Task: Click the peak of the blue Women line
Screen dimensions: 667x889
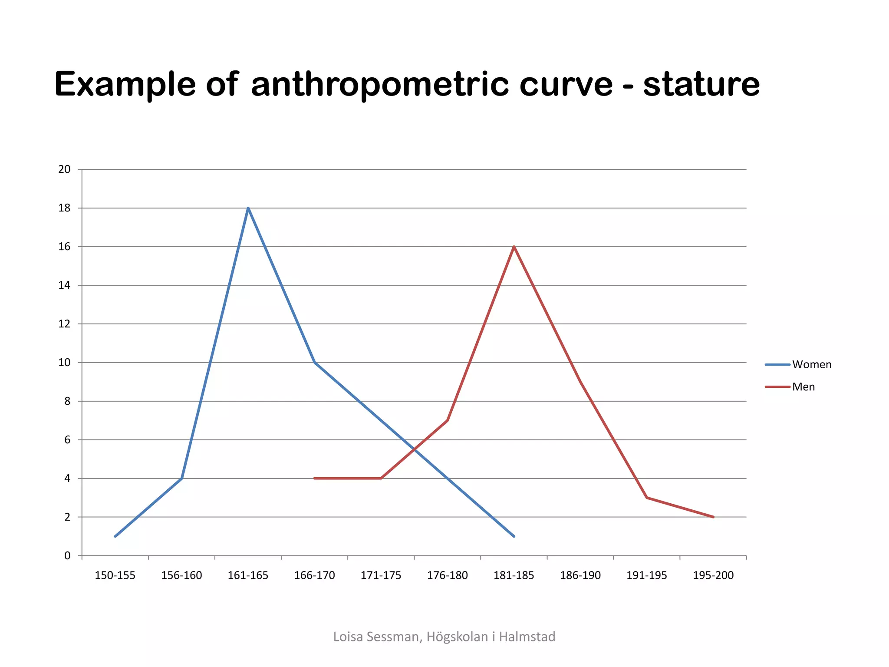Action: click(x=248, y=208)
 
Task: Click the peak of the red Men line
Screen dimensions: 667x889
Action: click(x=514, y=247)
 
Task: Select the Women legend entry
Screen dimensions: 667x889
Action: click(x=811, y=364)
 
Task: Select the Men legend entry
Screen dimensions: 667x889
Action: click(x=803, y=387)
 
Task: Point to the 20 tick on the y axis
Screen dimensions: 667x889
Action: click(x=64, y=169)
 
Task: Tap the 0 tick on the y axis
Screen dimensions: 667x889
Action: click(x=67, y=556)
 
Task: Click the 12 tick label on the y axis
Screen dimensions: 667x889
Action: click(x=64, y=324)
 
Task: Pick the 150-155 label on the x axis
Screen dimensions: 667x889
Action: click(x=115, y=575)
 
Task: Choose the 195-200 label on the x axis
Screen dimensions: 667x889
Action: click(x=713, y=575)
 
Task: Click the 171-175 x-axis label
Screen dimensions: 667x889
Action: click(x=381, y=575)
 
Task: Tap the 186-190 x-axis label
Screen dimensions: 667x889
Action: click(x=580, y=575)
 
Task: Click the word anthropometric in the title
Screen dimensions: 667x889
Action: click(x=380, y=84)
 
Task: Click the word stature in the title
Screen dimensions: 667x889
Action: click(x=701, y=84)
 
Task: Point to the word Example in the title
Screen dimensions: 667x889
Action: click(x=125, y=84)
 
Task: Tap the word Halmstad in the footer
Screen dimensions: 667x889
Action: click(x=527, y=637)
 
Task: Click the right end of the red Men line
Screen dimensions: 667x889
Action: click(x=713, y=517)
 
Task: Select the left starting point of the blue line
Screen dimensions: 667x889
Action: click(x=115, y=536)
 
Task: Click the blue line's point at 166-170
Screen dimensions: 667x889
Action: click(x=315, y=363)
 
